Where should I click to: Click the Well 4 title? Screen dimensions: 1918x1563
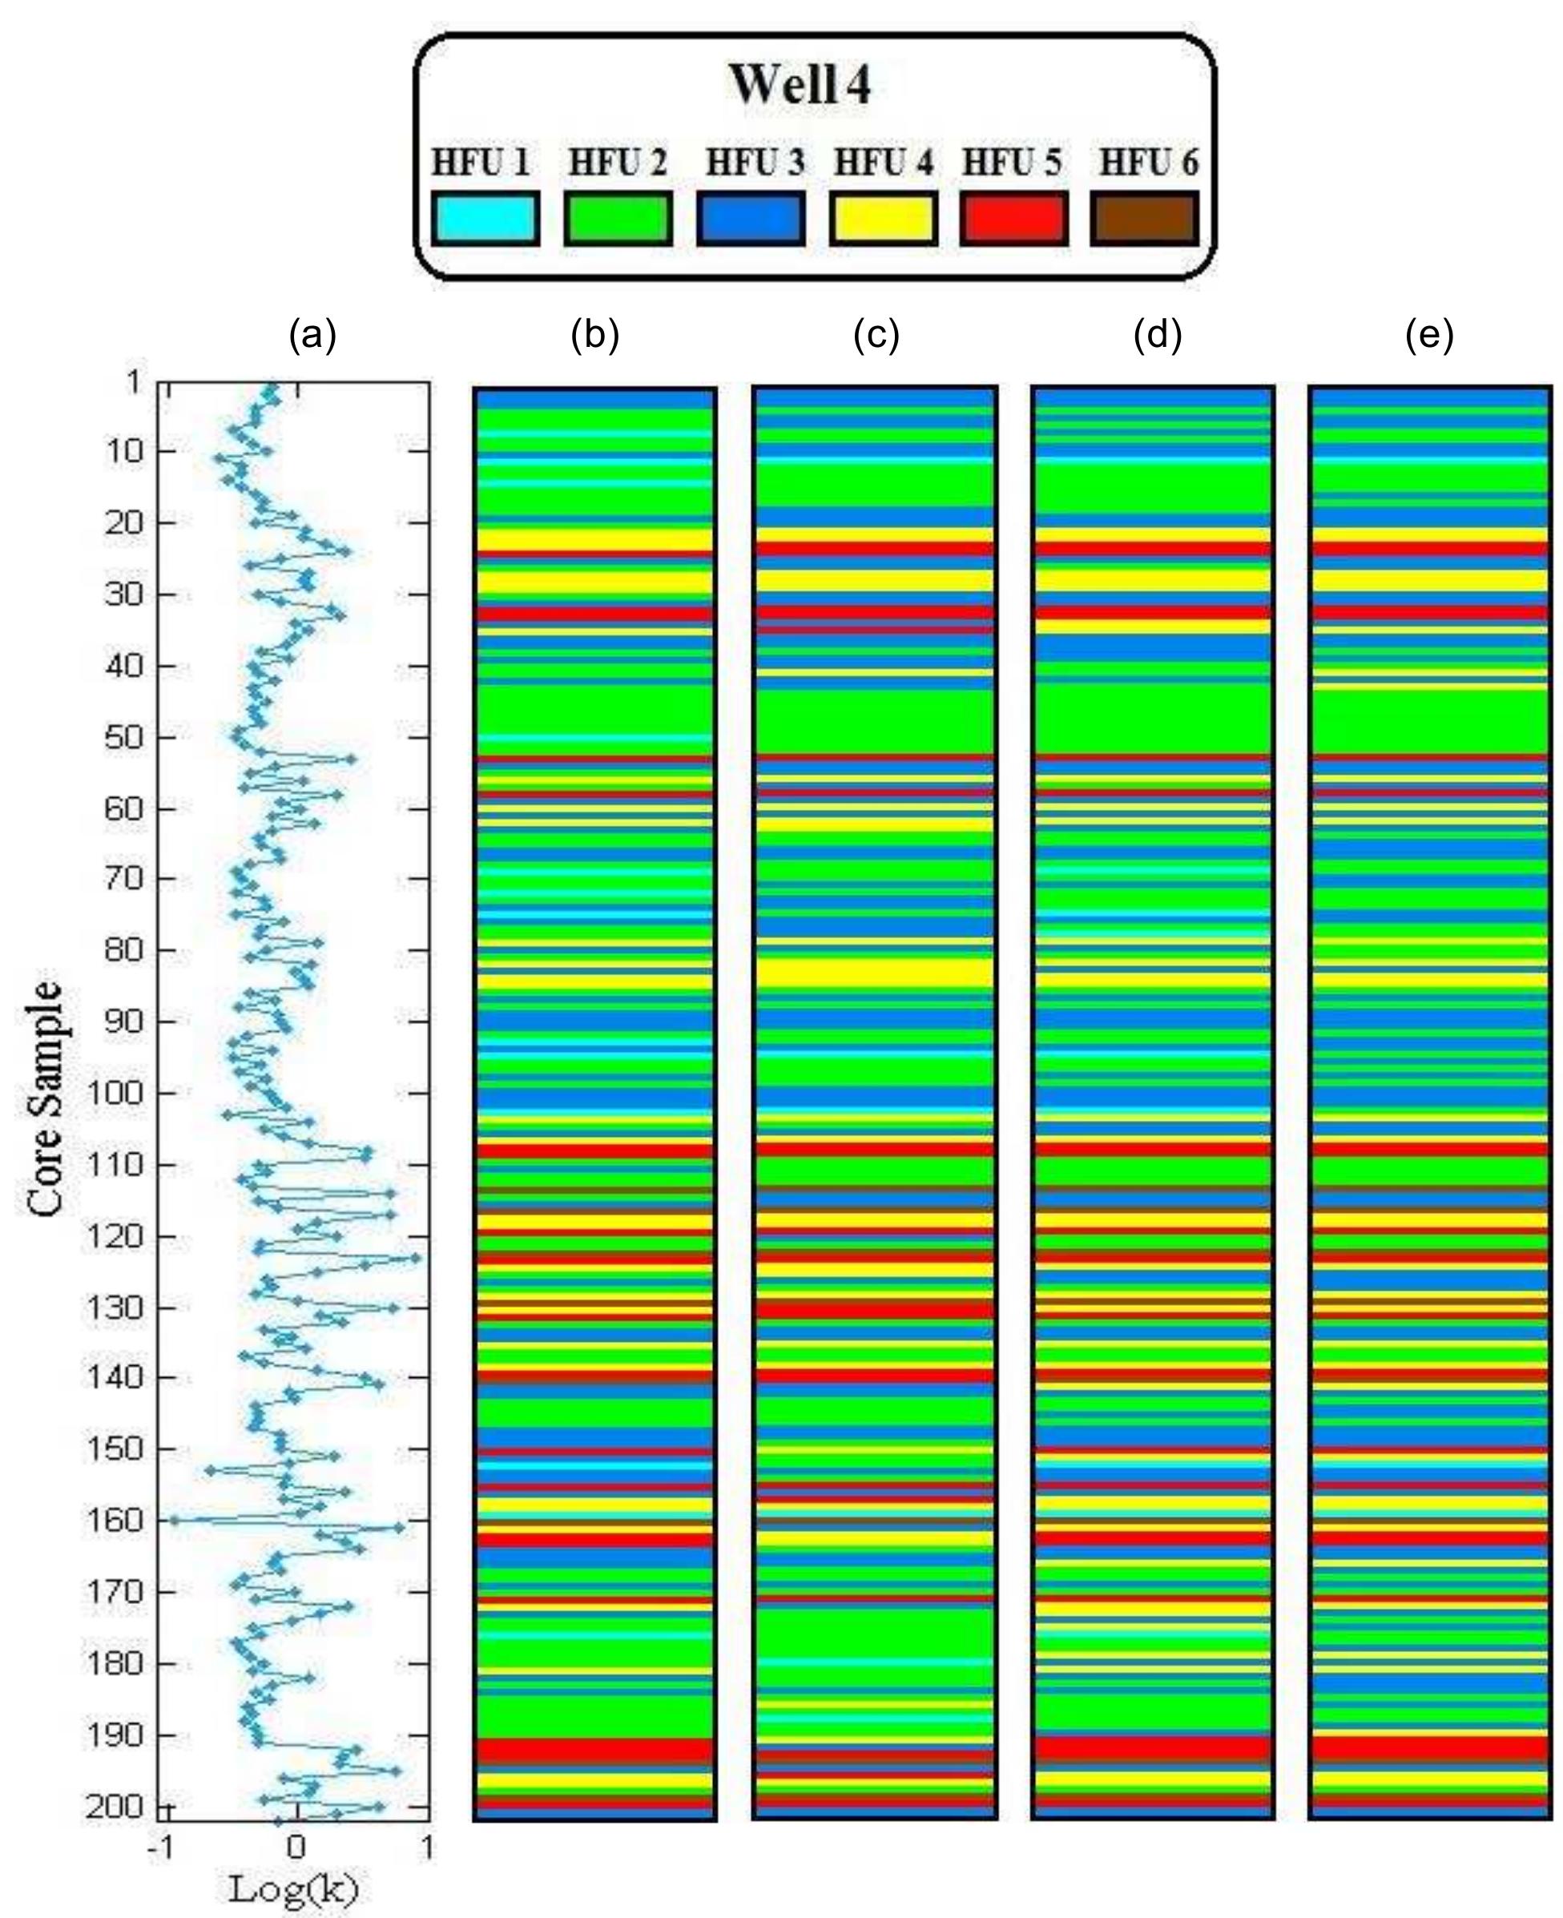800,86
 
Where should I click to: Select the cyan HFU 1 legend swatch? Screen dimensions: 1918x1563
485,218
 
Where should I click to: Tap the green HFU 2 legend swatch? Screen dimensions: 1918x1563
618,218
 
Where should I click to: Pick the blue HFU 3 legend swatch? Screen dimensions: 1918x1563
750,218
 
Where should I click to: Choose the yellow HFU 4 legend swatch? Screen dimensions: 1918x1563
882,218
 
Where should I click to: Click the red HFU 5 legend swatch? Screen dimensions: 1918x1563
1013,218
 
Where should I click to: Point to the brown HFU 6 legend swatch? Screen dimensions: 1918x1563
1144,218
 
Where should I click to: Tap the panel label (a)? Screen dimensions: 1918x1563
312,335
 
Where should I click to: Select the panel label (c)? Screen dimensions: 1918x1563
876,335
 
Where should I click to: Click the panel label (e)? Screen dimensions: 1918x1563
1429,335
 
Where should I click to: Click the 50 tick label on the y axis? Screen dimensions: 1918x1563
123,736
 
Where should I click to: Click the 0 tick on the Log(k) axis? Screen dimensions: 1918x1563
296,1847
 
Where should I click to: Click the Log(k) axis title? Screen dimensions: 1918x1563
293,1888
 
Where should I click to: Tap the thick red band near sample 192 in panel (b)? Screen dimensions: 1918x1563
594,1751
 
